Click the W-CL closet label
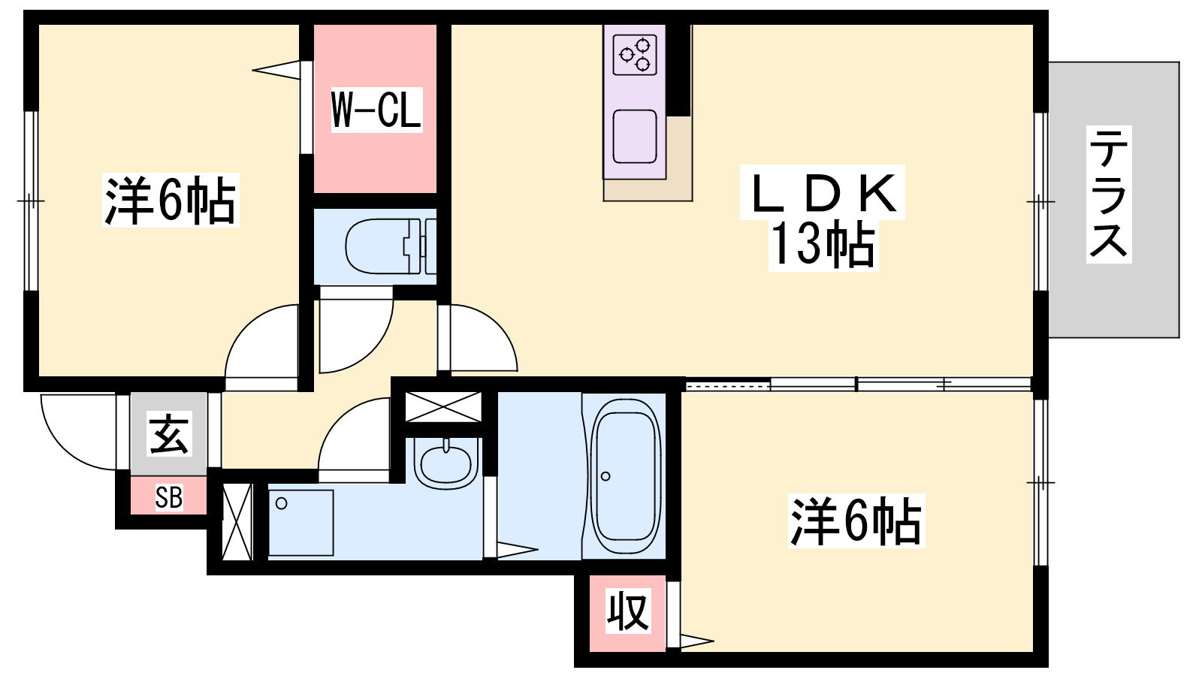(x=376, y=110)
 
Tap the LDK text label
(x=823, y=193)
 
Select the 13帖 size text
(x=823, y=245)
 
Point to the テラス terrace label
(x=1109, y=195)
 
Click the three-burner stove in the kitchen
(x=635, y=55)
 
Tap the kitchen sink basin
(x=635, y=136)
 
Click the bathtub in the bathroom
(x=624, y=476)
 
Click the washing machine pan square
(x=300, y=522)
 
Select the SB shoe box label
(x=168, y=497)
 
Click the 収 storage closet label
(x=628, y=611)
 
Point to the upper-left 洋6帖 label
(x=171, y=200)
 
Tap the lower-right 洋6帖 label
(x=856, y=521)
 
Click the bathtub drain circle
(x=606, y=476)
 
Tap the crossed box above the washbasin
(x=442, y=406)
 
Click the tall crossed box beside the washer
(x=237, y=522)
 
